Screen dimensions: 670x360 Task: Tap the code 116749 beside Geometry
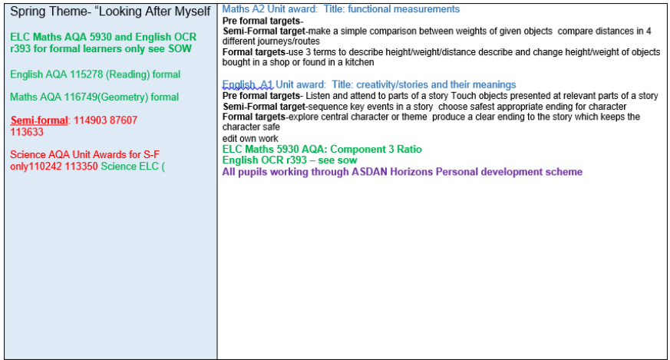pyautogui.click(x=81, y=97)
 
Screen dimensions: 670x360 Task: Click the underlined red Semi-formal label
pyautogui.click(x=39, y=121)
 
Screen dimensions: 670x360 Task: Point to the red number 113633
pyautogui.click(x=27, y=132)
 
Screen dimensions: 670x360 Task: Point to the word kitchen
pyautogui.click(x=359, y=62)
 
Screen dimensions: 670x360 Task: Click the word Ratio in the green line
pyautogui.click(x=409, y=149)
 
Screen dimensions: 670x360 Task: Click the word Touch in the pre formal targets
pyautogui.click(x=462, y=96)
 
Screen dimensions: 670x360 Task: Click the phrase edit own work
pyautogui.click(x=250, y=138)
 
